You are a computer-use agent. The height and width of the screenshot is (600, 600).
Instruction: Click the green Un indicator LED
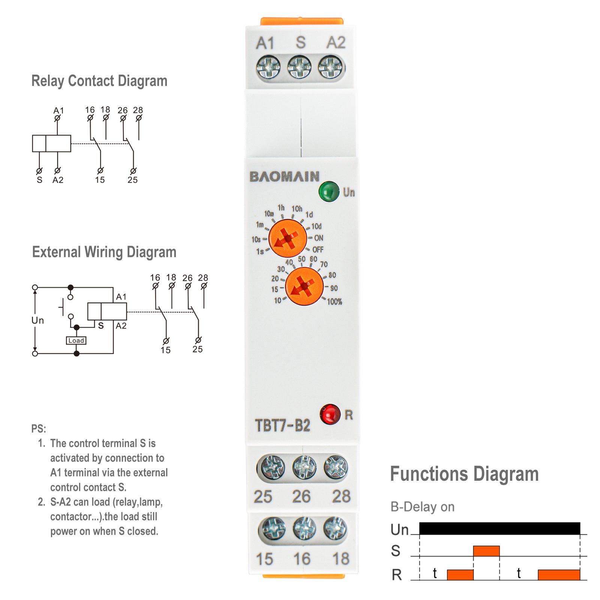coord(328,191)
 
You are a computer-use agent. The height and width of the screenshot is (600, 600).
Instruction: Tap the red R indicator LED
coord(330,414)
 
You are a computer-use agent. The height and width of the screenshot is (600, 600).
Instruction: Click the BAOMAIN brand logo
coord(285,177)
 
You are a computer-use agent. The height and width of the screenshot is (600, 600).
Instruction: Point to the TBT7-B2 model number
coord(283,426)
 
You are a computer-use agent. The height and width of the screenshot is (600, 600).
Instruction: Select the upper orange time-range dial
coord(288,238)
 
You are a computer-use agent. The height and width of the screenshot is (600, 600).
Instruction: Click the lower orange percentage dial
coord(304,286)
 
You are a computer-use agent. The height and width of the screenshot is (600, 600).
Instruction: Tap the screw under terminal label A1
coord(268,67)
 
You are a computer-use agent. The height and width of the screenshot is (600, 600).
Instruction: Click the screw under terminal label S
coord(299,67)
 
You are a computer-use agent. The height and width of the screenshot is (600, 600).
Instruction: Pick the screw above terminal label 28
coord(336,468)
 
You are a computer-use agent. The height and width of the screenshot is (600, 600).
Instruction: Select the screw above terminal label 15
coord(272,529)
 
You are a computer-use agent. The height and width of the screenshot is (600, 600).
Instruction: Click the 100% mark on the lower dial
coord(334,301)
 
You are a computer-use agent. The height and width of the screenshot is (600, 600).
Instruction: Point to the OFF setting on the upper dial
coord(318,250)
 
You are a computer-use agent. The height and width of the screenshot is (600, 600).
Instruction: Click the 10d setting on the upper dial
coord(316,226)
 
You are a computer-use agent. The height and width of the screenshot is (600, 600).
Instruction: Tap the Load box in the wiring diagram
coord(76,340)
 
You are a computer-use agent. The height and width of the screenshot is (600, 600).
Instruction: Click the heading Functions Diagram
coord(464,474)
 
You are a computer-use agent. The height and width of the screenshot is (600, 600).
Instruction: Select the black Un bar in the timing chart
coord(499,528)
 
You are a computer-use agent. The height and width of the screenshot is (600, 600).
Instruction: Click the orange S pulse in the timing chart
coord(486,551)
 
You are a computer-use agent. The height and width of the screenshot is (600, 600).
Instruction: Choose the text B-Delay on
coord(422,507)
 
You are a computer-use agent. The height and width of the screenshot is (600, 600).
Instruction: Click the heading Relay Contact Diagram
coord(99,81)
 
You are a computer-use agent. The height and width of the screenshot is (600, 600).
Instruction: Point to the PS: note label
coord(39,429)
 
